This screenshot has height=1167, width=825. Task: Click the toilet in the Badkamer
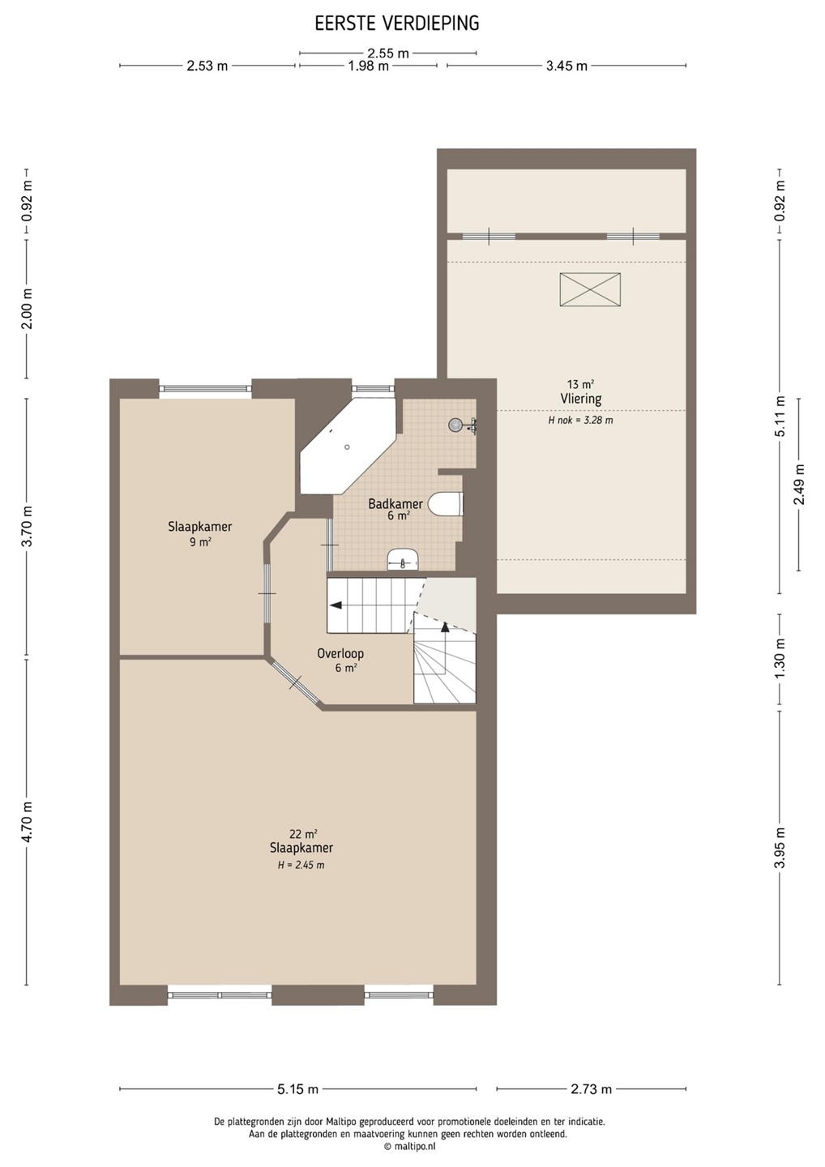[x=447, y=504]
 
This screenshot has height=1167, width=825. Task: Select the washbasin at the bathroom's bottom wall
[x=404, y=559]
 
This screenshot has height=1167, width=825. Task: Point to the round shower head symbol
[x=455, y=425]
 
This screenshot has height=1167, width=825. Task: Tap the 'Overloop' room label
[x=340, y=653]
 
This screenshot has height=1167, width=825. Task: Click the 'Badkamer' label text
[x=395, y=504]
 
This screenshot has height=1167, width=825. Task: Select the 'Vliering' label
[x=581, y=399]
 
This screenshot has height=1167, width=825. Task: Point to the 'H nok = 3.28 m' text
[x=580, y=421]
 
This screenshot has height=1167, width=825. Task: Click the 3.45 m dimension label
[x=566, y=66]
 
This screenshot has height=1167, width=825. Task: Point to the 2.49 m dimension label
[x=798, y=484]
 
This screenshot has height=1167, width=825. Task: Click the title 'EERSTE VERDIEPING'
[x=397, y=24]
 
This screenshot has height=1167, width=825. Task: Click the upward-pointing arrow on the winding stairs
[x=445, y=626]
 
